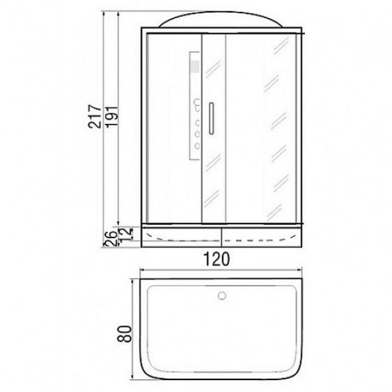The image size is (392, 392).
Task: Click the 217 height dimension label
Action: [x=94, y=117]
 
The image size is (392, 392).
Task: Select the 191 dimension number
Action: [x=112, y=117]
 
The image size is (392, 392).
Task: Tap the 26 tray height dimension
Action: [x=111, y=238]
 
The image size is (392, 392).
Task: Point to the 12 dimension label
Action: [x=127, y=234]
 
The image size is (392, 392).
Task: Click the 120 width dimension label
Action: [x=216, y=259]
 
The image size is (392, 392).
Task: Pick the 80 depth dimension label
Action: [x=124, y=334]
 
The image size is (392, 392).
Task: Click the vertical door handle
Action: [x=211, y=118]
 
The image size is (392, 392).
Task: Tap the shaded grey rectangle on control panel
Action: [x=195, y=67]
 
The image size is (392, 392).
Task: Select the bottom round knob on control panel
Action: [x=198, y=146]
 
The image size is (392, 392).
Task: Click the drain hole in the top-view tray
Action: [x=222, y=296]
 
